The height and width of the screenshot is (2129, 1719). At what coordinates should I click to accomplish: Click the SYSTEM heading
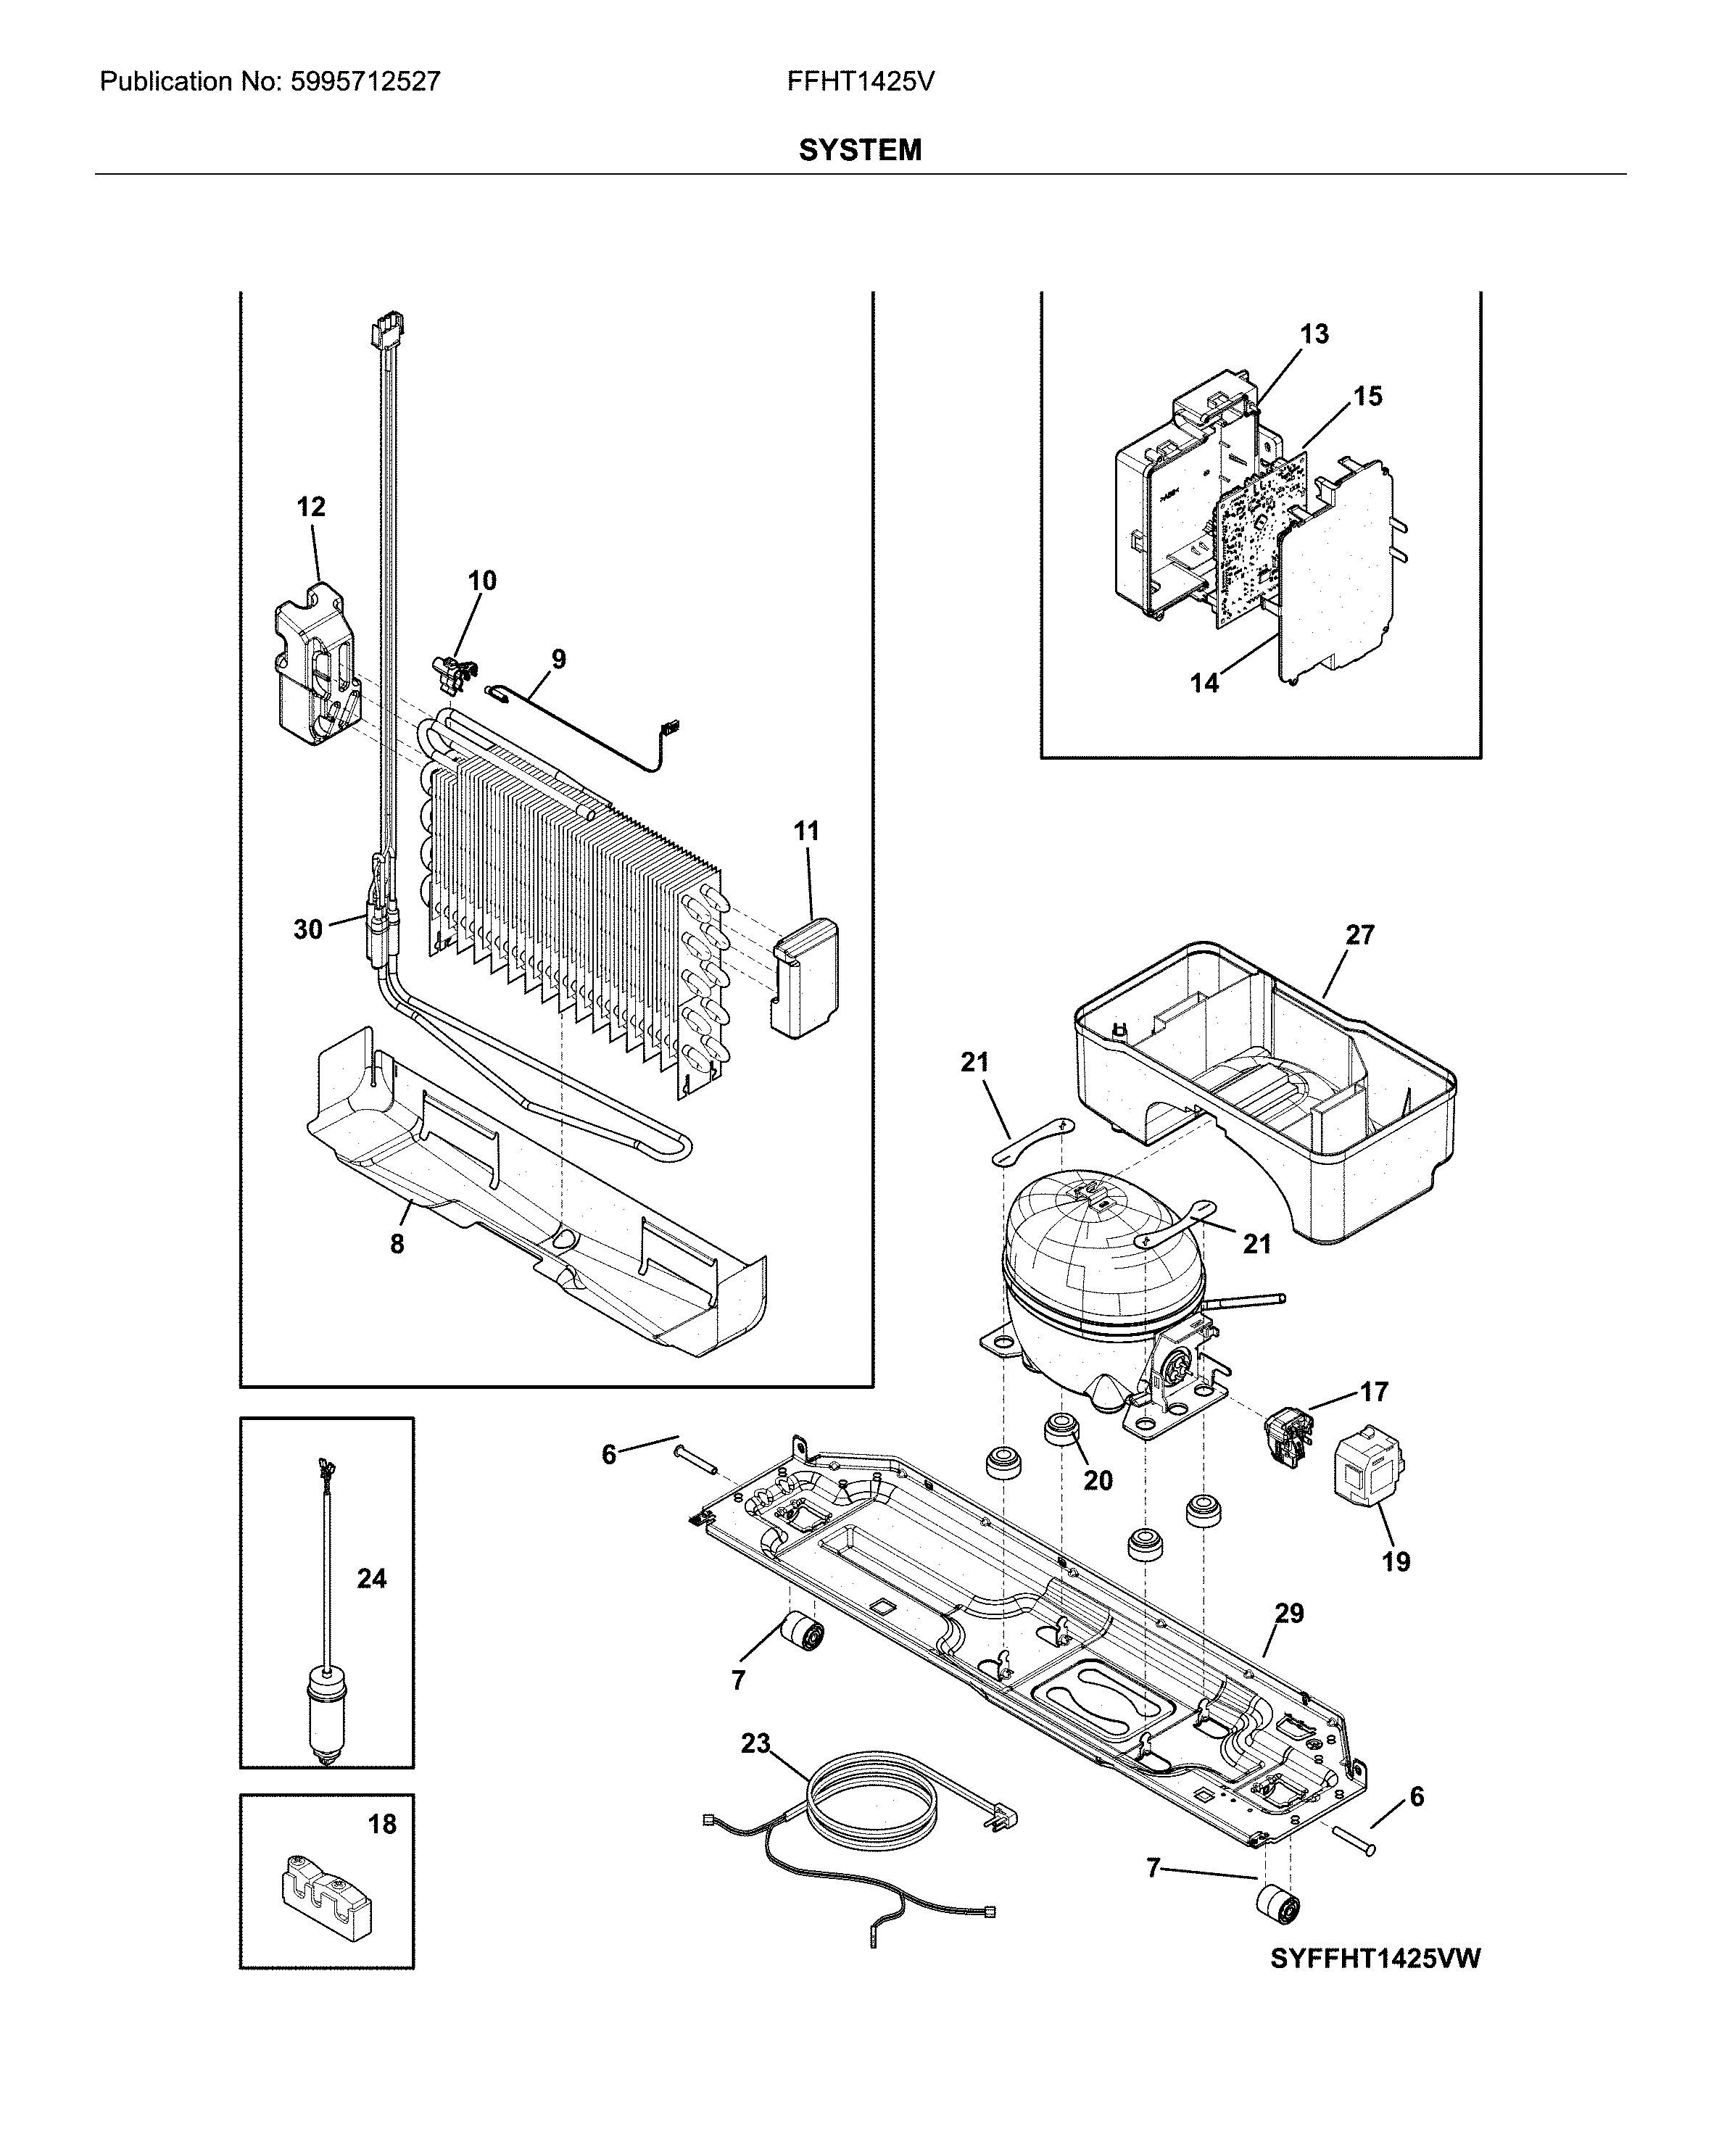tap(860, 151)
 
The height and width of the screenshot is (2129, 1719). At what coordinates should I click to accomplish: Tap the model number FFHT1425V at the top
tap(861, 82)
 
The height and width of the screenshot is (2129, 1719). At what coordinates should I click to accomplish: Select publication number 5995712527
tap(365, 82)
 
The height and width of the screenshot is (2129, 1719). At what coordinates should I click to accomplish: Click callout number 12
tap(311, 507)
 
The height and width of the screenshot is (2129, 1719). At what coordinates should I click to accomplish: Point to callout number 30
tap(308, 929)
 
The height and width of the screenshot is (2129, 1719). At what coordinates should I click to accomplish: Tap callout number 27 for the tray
tap(1359, 935)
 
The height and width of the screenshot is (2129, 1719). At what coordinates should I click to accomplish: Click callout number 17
tap(1373, 1393)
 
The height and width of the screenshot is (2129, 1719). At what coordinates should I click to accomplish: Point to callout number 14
tap(1204, 683)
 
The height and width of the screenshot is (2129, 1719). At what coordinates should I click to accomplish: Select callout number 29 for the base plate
tap(1288, 1614)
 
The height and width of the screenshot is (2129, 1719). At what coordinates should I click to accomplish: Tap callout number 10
tap(482, 581)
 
